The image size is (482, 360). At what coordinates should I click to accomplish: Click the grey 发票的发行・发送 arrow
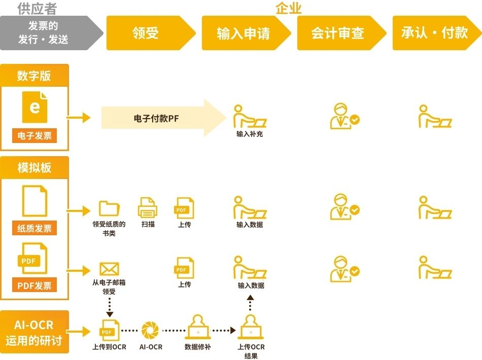(x=48, y=33)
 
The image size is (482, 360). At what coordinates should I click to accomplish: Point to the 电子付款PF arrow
(x=162, y=118)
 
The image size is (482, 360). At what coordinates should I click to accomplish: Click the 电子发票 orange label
(x=35, y=135)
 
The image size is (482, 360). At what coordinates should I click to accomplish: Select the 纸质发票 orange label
(x=35, y=228)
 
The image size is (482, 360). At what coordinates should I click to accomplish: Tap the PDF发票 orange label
(x=35, y=285)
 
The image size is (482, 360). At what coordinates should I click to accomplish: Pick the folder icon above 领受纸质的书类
(x=109, y=208)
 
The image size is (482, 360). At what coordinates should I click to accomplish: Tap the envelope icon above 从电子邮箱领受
(x=109, y=268)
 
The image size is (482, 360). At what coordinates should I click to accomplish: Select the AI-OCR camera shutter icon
(x=150, y=330)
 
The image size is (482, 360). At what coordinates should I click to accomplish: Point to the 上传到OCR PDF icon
(x=109, y=330)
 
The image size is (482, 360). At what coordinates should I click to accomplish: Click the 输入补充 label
(x=250, y=134)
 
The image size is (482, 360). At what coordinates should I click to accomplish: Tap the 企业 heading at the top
(x=288, y=8)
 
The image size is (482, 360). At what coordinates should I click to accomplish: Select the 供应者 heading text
(x=37, y=8)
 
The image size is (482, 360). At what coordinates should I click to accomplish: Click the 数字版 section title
(x=35, y=76)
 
